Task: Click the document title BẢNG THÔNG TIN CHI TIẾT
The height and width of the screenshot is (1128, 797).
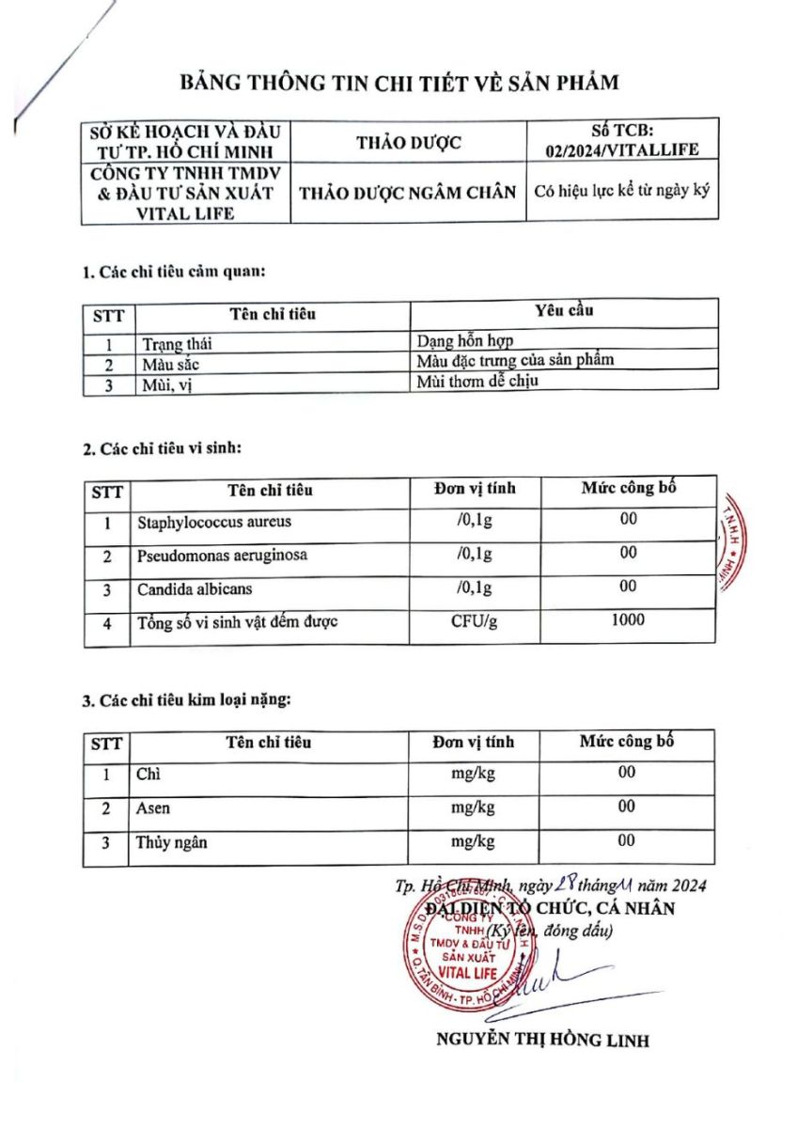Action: point(399,83)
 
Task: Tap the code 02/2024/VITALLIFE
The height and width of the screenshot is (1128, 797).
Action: point(622,149)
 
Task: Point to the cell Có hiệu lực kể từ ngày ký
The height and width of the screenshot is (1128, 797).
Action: point(621,191)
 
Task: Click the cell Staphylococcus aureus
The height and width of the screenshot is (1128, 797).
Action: point(214,522)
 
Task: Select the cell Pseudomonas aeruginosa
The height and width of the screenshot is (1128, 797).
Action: point(222,555)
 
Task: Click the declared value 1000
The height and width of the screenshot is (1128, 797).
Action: point(628,619)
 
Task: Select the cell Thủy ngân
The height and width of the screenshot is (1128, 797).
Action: point(172,842)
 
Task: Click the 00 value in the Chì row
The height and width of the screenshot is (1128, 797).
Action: point(627,772)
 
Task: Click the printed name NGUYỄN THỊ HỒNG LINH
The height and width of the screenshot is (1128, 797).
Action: point(542,1040)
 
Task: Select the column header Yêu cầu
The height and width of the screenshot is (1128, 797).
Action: point(564,310)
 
